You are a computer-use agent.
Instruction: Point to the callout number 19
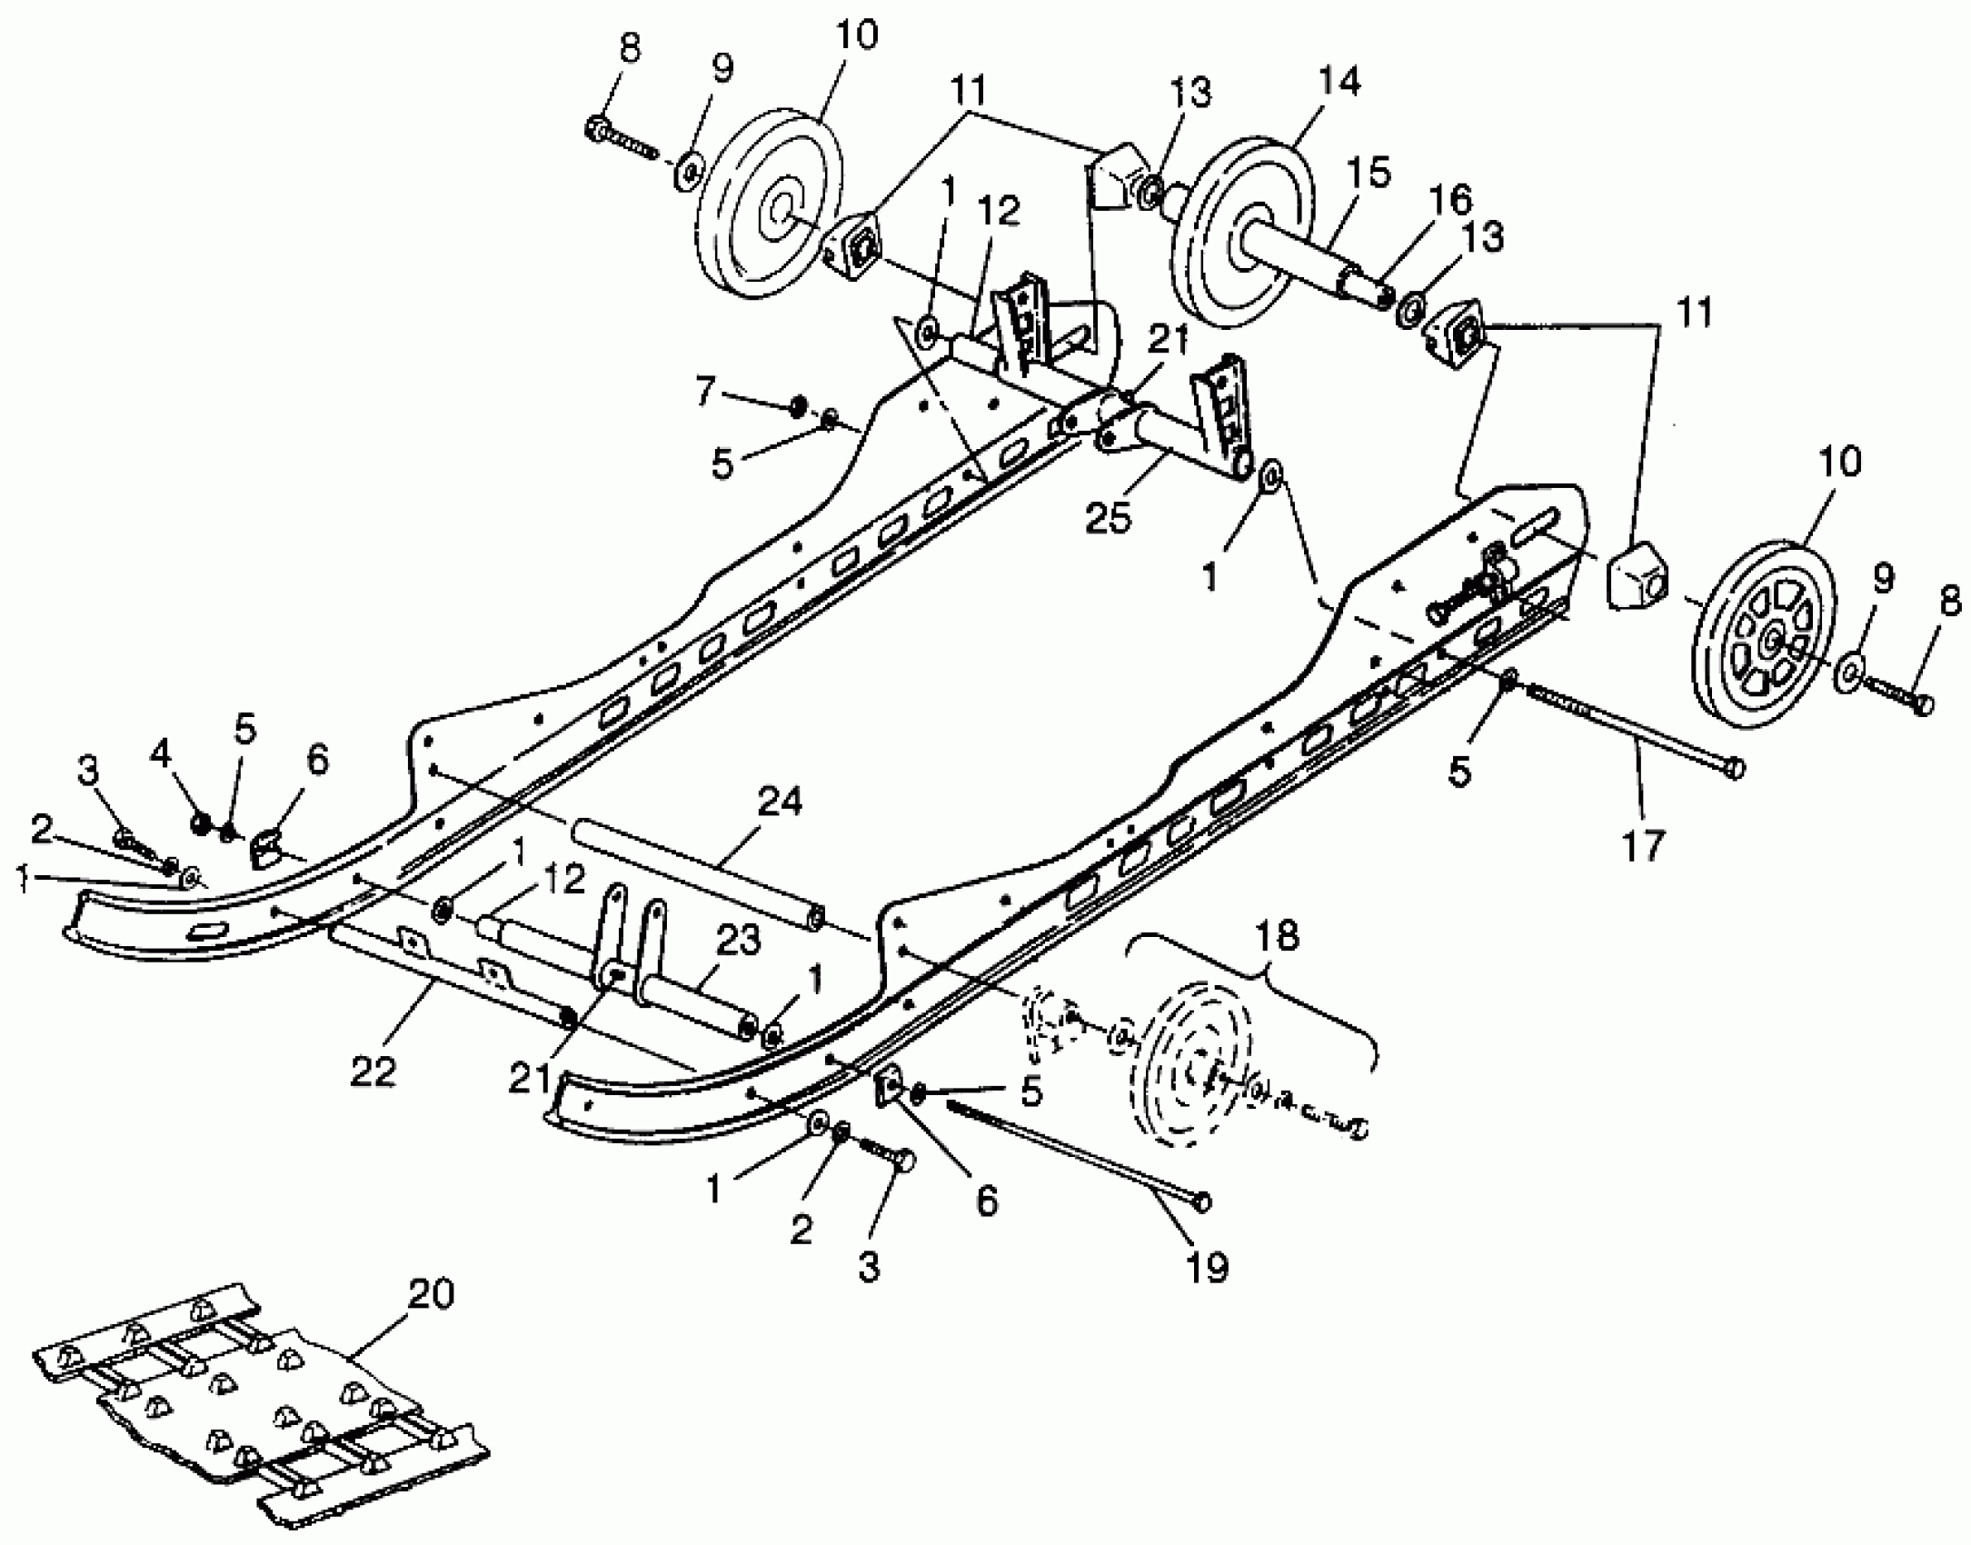[1208, 1266]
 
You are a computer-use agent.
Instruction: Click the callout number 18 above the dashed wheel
[1277, 935]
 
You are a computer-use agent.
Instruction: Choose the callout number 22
[373, 1072]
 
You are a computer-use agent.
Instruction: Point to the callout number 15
[1370, 172]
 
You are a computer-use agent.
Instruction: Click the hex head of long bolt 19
[1203, 1201]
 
